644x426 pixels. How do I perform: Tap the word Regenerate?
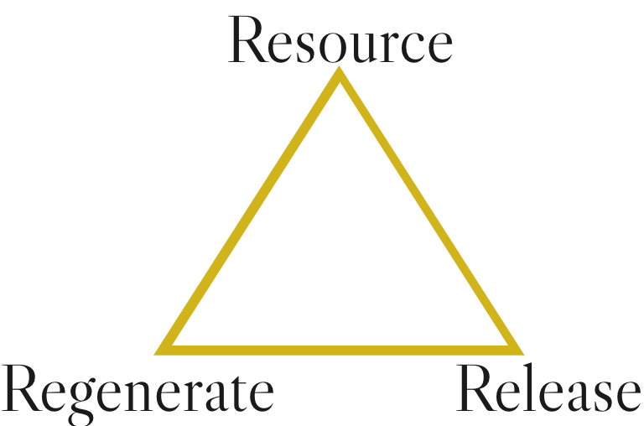pyautogui.click(x=139, y=391)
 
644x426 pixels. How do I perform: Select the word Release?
pyautogui.click(x=549, y=391)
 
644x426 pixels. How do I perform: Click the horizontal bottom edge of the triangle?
pyautogui.click(x=339, y=345)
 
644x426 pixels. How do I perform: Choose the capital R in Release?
pyautogui.click(x=475, y=391)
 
